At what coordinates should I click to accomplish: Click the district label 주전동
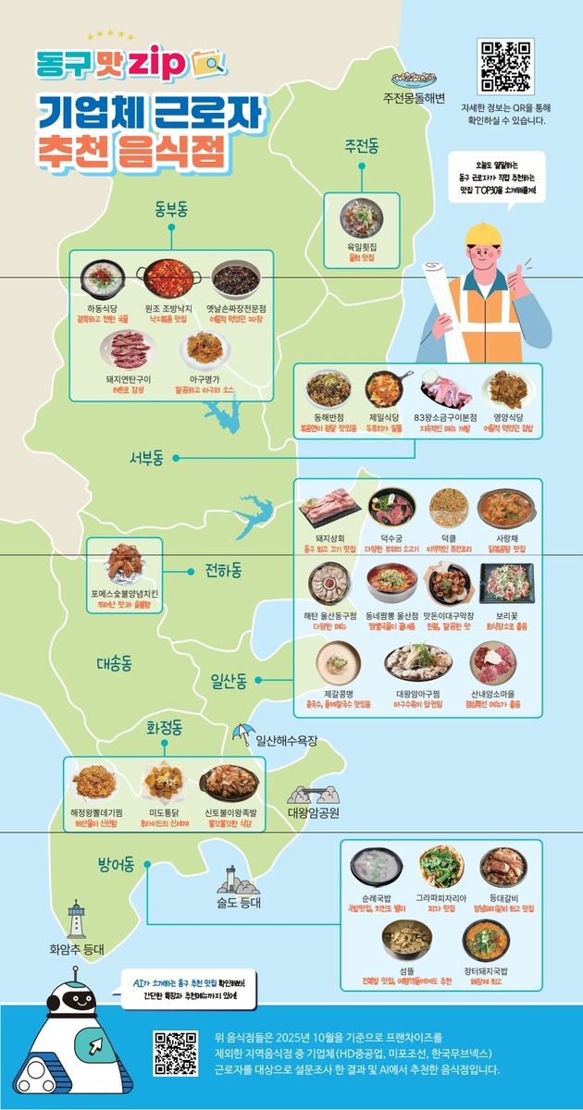tap(362, 146)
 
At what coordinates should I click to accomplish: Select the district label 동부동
tap(170, 210)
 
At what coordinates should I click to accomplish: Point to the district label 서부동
tap(146, 457)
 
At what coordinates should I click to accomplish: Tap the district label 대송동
tap(115, 663)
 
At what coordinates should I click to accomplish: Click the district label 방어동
tap(117, 866)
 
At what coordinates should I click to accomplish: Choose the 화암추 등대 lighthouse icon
tap(77, 919)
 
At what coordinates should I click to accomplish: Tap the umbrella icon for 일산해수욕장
tap(242, 735)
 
